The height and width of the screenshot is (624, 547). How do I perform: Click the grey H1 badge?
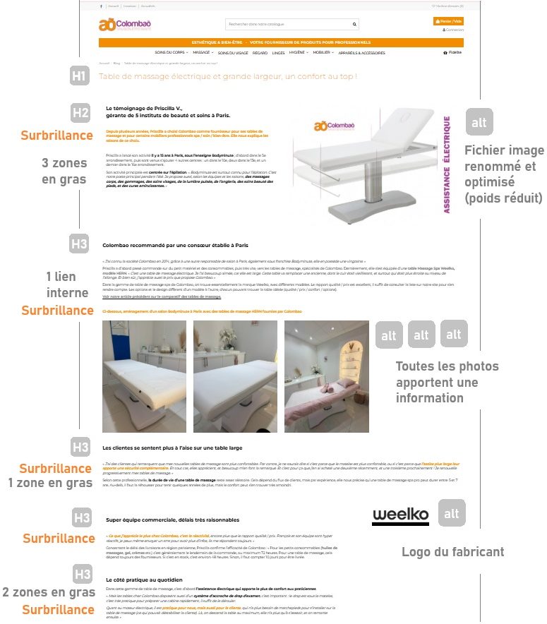[80, 76]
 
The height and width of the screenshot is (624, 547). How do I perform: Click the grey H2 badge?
[80, 113]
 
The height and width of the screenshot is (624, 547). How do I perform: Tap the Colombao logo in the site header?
[125, 25]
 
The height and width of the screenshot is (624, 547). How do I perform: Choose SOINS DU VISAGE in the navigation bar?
[233, 53]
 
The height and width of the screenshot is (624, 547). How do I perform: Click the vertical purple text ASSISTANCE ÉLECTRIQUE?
[447, 164]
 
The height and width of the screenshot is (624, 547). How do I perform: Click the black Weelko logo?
[400, 515]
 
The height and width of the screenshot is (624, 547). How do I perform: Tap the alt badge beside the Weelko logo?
[451, 513]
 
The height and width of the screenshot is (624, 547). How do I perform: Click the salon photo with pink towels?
[326, 376]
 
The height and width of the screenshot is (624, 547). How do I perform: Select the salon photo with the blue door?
[144, 376]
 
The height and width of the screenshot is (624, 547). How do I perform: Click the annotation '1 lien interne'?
[68, 284]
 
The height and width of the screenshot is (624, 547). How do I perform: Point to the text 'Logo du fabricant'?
[453, 552]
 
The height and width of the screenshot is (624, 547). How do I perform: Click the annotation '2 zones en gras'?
[48, 592]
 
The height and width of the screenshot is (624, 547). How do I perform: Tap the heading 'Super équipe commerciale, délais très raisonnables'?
[172, 520]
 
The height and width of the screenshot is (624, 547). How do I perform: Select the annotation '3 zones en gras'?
[64, 171]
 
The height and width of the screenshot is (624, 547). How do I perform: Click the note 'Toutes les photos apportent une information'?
[447, 382]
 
